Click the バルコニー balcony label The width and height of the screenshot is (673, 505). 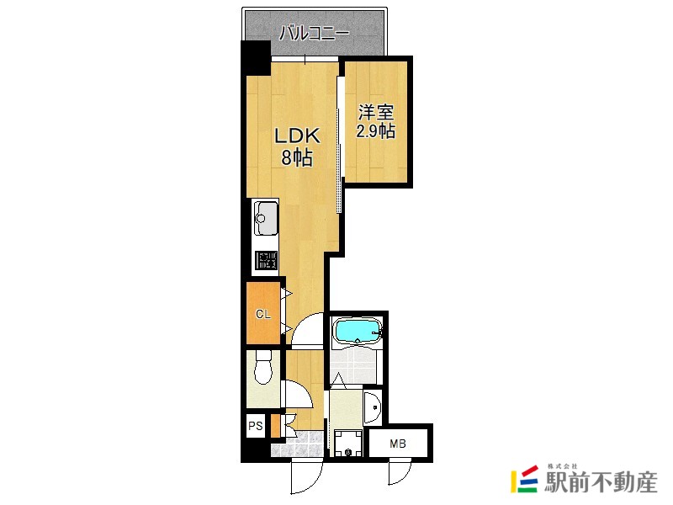pos(314,33)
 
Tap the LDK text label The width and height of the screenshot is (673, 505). pos(297,136)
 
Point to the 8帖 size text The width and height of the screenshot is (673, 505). pos(297,157)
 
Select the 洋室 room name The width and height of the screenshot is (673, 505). pos(376,113)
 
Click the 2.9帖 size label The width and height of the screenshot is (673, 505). pos(376,130)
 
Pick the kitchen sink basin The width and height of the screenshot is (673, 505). pos(266,218)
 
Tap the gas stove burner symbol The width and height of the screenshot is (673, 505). pos(266,261)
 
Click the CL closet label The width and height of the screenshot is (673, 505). pos(263,314)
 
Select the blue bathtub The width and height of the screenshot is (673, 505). pos(357,332)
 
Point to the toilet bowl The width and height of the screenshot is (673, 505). pos(263,368)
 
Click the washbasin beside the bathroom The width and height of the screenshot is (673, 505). pos(373,407)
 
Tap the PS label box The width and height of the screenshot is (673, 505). pos(256,426)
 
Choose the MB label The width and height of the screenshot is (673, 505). pos(398,444)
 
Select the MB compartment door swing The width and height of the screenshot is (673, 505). pos(400,472)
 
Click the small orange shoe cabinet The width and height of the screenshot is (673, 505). pos(276,426)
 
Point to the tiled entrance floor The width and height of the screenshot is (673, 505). pos(298,444)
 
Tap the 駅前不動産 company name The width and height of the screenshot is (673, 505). pos(601,482)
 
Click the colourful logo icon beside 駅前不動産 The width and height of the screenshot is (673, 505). pos(524,478)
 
